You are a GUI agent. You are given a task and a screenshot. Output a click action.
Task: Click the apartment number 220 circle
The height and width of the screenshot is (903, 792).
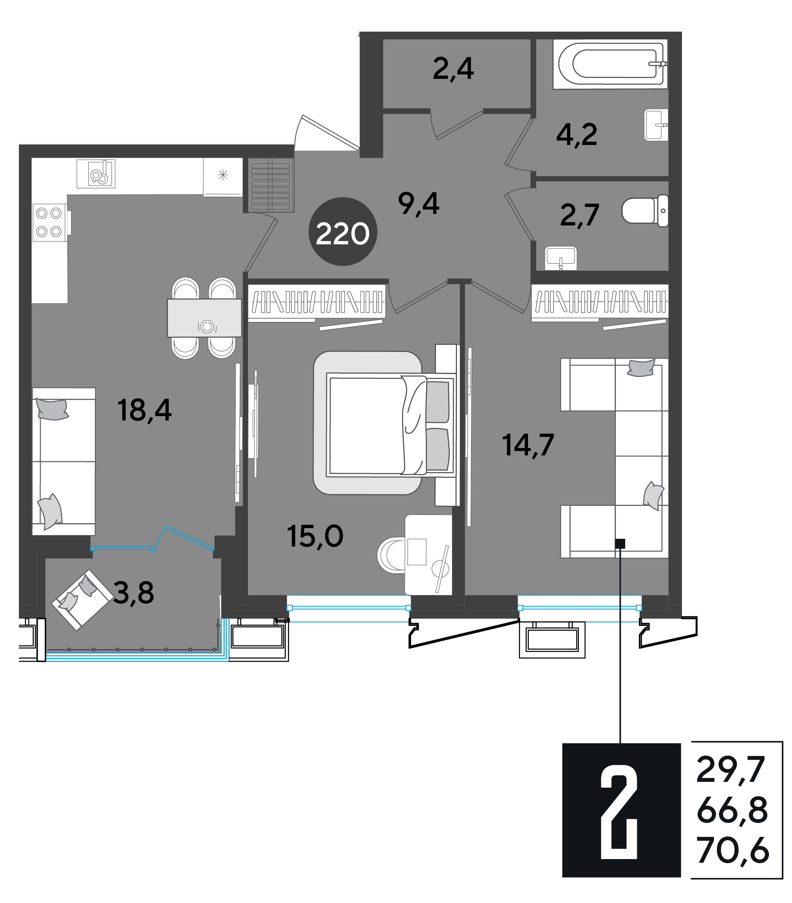[x=342, y=232]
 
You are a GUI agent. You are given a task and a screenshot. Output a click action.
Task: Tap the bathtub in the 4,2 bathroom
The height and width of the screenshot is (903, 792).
[x=610, y=64]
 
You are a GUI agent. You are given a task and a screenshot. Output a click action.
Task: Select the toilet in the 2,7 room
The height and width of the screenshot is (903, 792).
[x=645, y=211]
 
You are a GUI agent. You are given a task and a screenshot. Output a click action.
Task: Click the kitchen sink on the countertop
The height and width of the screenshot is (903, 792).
[x=96, y=174]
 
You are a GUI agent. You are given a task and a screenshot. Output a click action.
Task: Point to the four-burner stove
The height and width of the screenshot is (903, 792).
[x=49, y=223]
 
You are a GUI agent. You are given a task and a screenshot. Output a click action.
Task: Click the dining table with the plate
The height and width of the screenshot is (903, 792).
[x=204, y=318]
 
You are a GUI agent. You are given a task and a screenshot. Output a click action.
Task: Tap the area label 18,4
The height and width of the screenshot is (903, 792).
[x=145, y=410]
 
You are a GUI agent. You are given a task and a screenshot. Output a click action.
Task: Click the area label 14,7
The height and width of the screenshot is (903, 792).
[x=528, y=445]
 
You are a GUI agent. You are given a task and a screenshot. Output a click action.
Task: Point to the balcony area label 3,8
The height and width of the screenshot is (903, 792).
[x=134, y=593]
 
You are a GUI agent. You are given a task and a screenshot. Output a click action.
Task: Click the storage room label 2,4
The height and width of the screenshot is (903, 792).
[x=453, y=69]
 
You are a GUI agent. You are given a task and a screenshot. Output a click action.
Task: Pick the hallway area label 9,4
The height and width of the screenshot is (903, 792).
[x=418, y=204]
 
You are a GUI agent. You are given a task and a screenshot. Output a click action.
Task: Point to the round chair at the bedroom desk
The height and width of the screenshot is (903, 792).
[x=391, y=555]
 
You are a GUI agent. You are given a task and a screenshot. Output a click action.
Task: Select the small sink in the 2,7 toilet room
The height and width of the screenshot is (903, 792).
[x=560, y=258]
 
